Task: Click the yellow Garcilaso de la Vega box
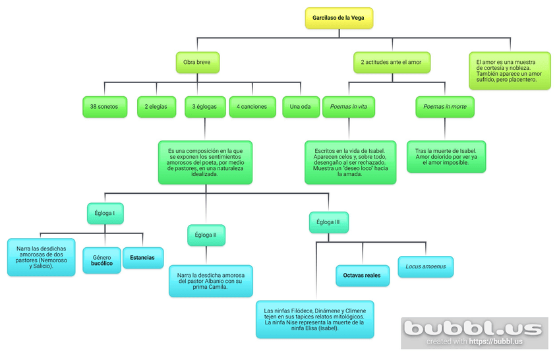pos(339,18)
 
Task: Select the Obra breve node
pos(197,62)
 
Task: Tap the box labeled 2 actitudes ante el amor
pos(391,62)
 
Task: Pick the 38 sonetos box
pos(105,107)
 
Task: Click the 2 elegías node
pos(156,107)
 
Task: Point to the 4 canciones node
pos(252,107)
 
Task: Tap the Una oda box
pos(301,107)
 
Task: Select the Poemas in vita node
pos(349,107)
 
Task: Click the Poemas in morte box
pos(444,107)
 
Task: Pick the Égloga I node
pos(105,213)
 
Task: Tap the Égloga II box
pos(206,235)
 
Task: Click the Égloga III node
pos(328,222)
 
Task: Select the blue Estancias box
pos(143,258)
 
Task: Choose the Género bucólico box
pos(102,260)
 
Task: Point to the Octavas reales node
pos(362,276)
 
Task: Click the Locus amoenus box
pos(425,267)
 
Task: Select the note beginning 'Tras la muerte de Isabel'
pos(446,156)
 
